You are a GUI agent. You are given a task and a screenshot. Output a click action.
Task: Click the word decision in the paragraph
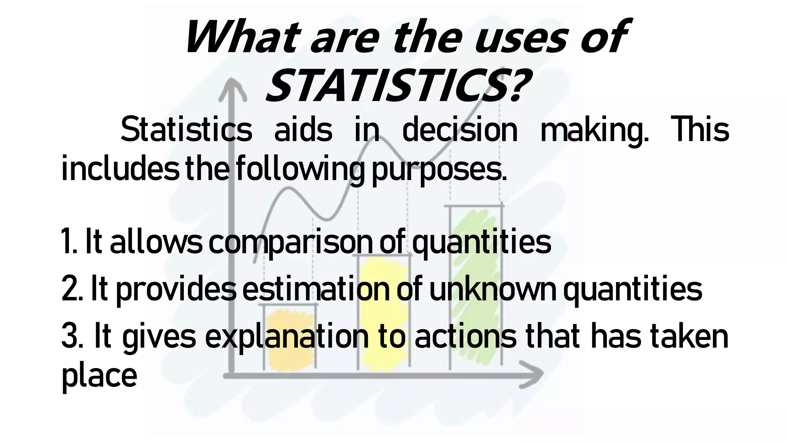(x=460, y=130)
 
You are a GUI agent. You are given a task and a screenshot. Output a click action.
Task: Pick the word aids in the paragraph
(x=303, y=130)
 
